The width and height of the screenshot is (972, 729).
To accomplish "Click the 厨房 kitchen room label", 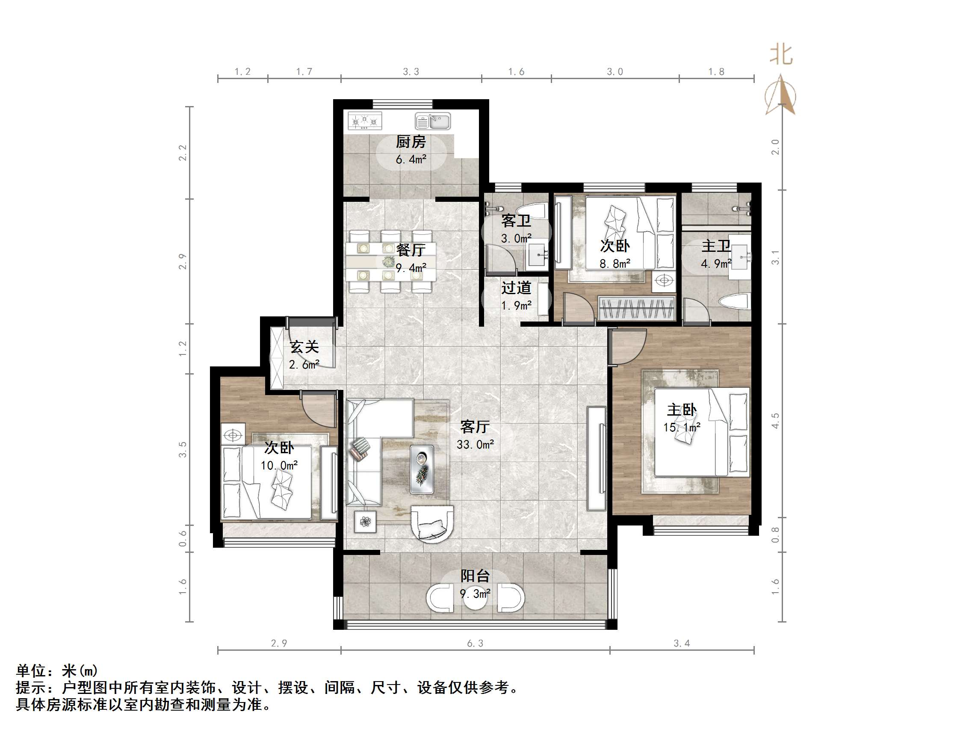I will (x=411, y=142).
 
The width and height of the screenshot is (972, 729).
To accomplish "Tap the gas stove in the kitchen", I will (x=365, y=121).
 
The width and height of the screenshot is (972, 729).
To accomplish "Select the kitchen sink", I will (x=433, y=121).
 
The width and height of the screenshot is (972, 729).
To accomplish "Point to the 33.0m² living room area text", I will (x=475, y=445).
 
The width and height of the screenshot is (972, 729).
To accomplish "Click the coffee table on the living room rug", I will (x=422, y=469).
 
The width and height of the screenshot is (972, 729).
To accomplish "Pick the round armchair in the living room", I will (x=432, y=524).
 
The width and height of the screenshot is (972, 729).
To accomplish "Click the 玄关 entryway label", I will (x=304, y=347).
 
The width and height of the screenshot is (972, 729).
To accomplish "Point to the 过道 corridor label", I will (x=516, y=288).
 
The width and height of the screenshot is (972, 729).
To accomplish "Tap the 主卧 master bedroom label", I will (x=682, y=410).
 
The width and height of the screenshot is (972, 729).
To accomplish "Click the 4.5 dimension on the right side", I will (x=775, y=421).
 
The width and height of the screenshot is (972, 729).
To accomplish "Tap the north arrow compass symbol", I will (x=780, y=95).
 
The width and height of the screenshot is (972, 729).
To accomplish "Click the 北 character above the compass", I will (x=781, y=55).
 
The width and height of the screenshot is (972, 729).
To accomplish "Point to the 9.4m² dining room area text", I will (x=411, y=268).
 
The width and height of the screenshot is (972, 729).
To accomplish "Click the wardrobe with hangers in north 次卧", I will (x=636, y=308).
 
